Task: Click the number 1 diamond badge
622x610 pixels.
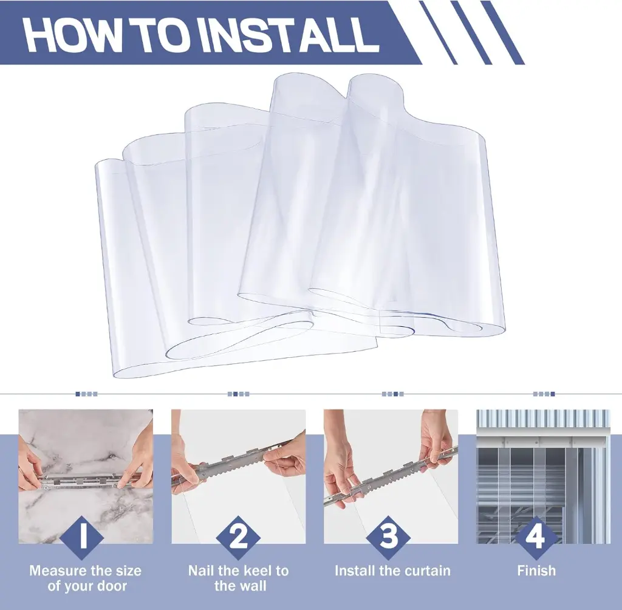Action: pyautogui.click(x=83, y=538)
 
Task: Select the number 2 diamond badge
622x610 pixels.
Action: pyautogui.click(x=238, y=538)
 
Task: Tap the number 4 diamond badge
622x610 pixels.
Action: pyautogui.click(x=536, y=538)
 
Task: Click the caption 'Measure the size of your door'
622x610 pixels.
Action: pyautogui.click(x=86, y=578)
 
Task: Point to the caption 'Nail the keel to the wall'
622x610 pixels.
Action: pyautogui.click(x=238, y=578)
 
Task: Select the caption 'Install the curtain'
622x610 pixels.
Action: pyautogui.click(x=393, y=571)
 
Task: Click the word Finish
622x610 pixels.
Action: pyautogui.click(x=536, y=571)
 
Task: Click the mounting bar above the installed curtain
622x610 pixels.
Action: pyautogui.click(x=542, y=440)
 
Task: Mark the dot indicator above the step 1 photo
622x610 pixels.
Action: pyautogui.click(x=86, y=394)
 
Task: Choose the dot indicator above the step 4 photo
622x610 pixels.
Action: pyautogui.click(x=544, y=394)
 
